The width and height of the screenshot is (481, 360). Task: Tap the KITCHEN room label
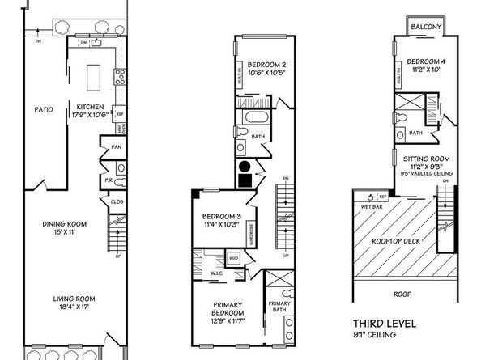point(88,107)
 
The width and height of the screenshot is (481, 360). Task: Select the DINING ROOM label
point(65,224)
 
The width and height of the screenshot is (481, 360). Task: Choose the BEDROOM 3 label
point(219,217)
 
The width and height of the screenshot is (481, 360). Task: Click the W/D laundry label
point(234,259)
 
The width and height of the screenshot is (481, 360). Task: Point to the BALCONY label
point(425,27)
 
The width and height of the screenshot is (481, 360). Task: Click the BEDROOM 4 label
point(425,61)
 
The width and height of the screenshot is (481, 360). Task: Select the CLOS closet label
point(117,201)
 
